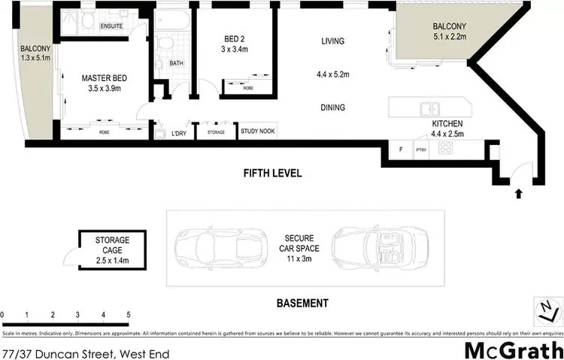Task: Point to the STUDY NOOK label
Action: [x=258, y=132]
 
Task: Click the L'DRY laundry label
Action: [x=179, y=133]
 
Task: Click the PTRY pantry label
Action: [x=420, y=149]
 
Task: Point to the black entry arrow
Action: [x=517, y=195]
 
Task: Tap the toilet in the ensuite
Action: [x=88, y=24]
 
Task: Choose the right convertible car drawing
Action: [x=369, y=247]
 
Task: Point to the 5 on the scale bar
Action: [x=129, y=314]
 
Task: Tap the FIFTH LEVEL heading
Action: [x=272, y=173]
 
